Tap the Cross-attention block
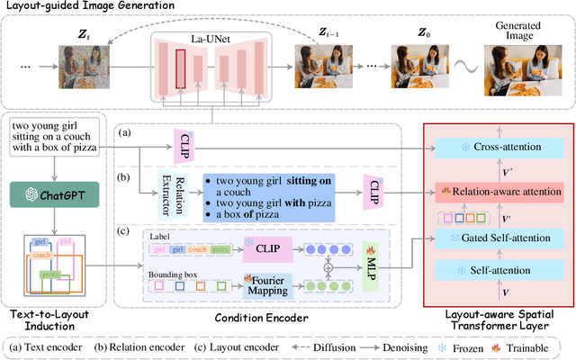(x=500, y=146)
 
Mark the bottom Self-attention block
(x=500, y=270)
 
